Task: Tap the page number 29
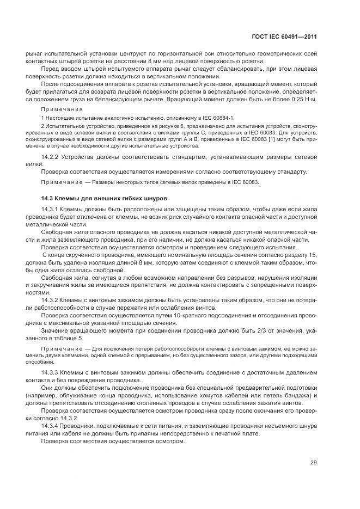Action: (x=313, y=463)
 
